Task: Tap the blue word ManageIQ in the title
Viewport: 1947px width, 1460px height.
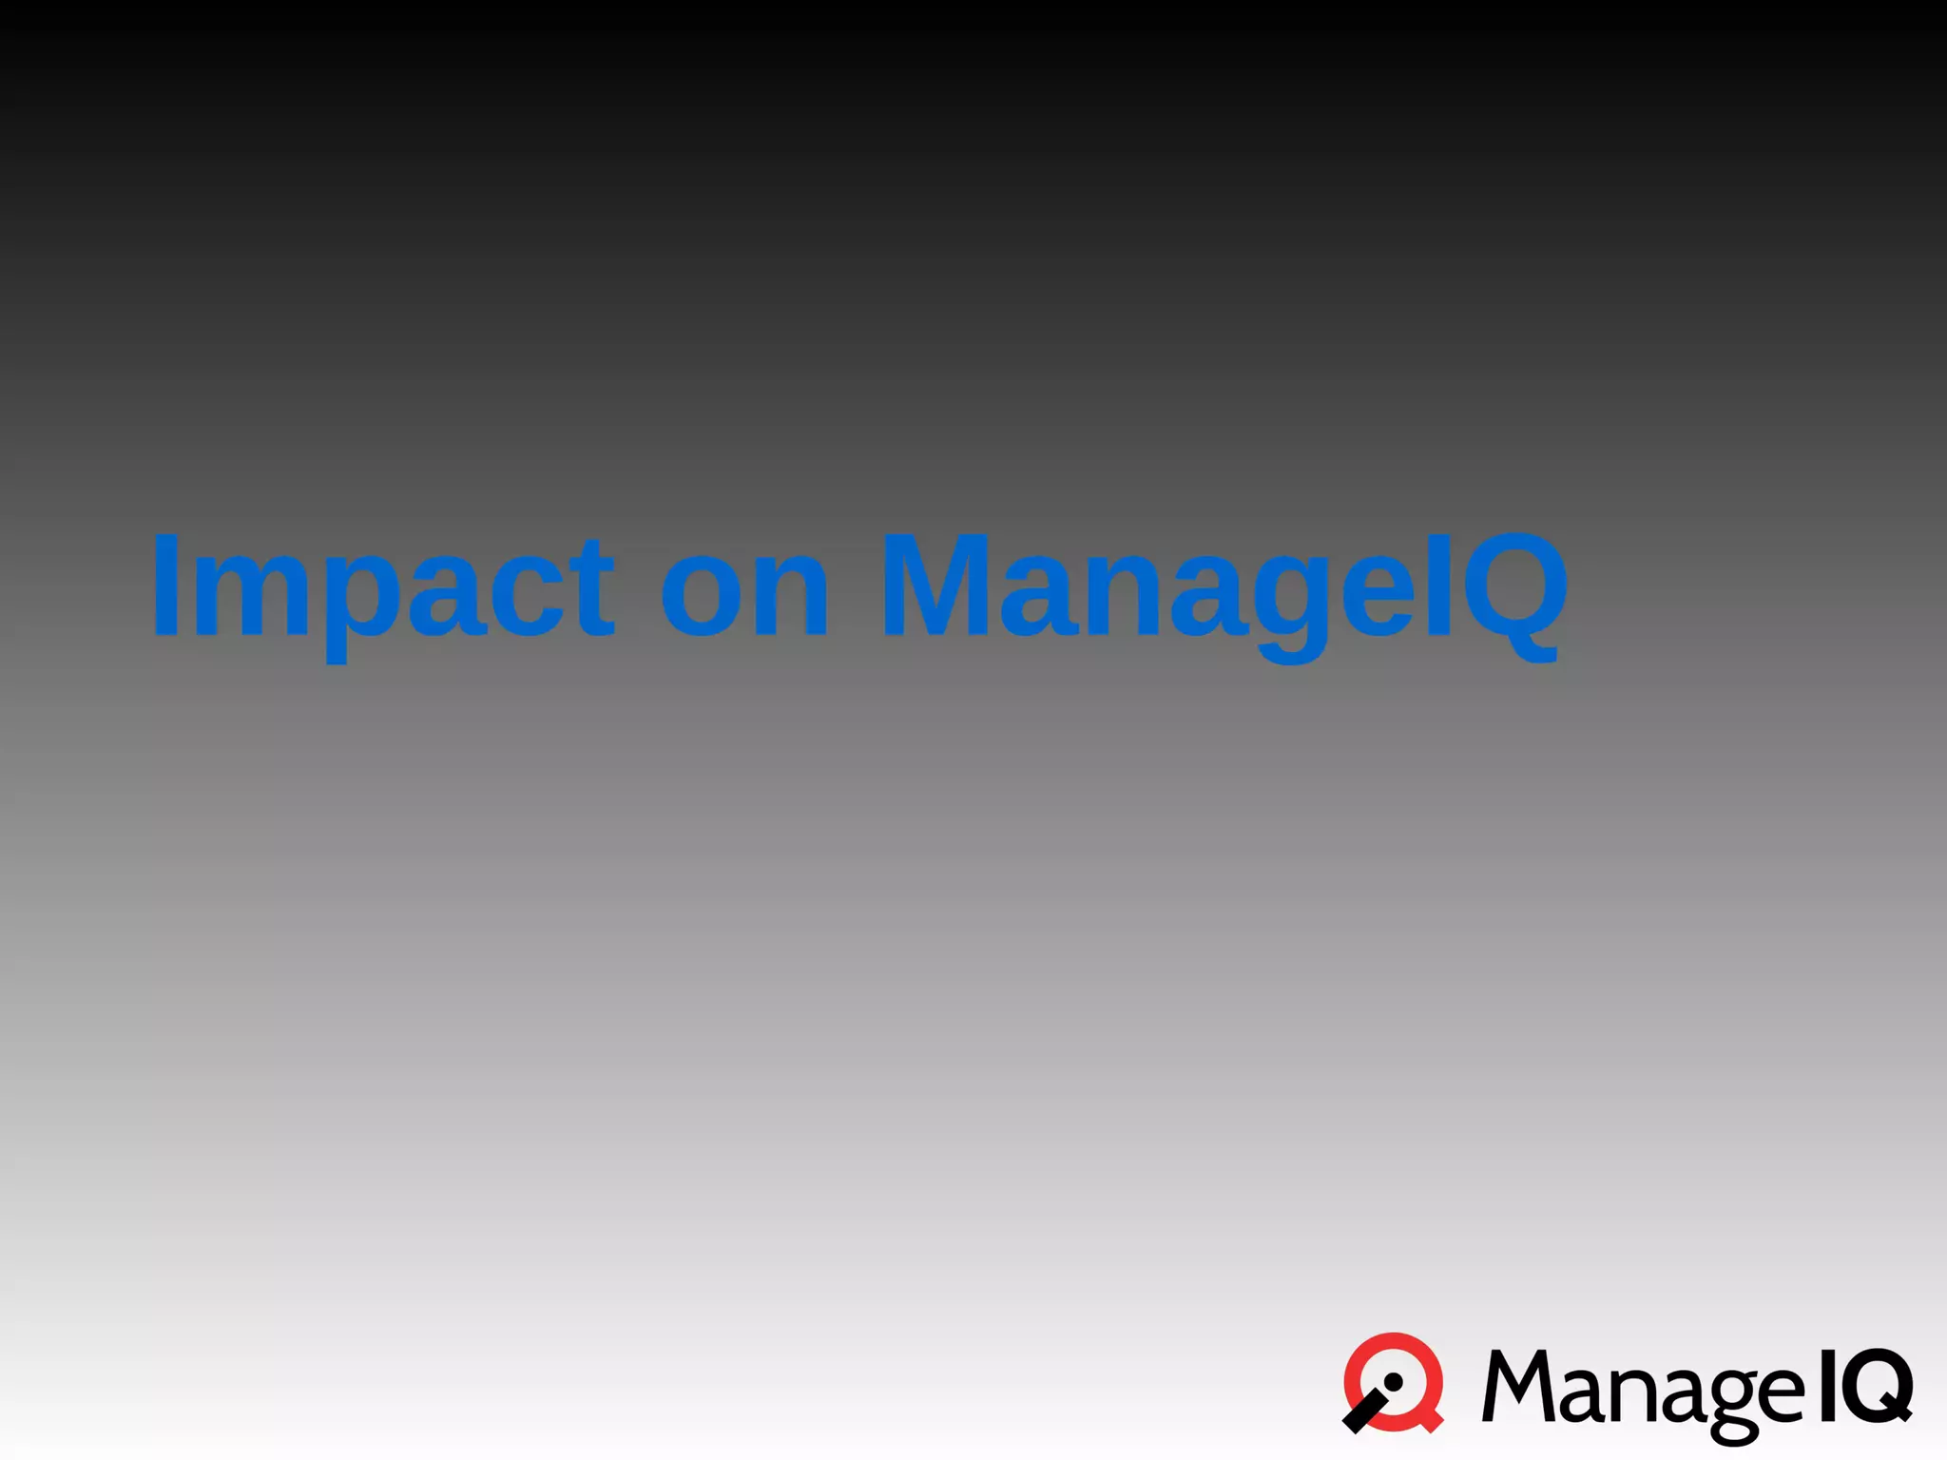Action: (x=1223, y=586)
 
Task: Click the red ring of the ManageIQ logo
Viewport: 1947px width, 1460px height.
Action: (x=1395, y=1342)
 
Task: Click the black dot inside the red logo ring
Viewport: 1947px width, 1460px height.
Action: (x=1394, y=1382)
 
